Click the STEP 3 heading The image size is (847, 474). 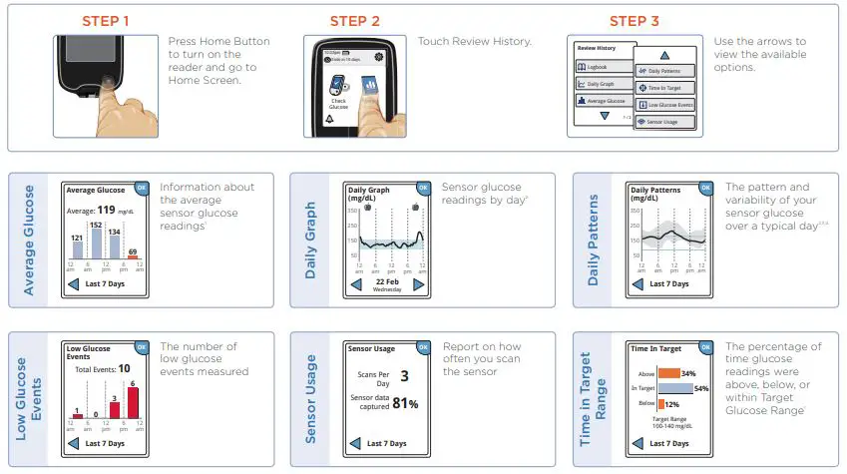pyautogui.click(x=634, y=21)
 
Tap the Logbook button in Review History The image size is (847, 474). pyautogui.click(x=601, y=67)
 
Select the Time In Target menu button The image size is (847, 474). pyautogui.click(x=663, y=88)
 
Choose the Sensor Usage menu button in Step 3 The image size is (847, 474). pyautogui.click(x=663, y=121)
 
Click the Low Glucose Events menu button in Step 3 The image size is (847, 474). pyautogui.click(x=663, y=105)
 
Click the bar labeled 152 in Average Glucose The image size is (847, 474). pyautogui.click(x=97, y=240)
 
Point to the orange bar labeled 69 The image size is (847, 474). pyautogui.click(x=133, y=257)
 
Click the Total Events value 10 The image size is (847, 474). pyautogui.click(x=123, y=368)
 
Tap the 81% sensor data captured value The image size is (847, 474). pyautogui.click(x=405, y=403)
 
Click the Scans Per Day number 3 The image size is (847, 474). pyautogui.click(x=404, y=376)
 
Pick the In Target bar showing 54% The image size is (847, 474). pyautogui.click(x=674, y=387)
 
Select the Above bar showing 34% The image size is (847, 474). pyautogui.click(x=667, y=373)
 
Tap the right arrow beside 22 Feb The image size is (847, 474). pyautogui.click(x=419, y=284)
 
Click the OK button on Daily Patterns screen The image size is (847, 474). pyautogui.click(x=706, y=187)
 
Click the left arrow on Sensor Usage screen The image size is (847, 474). pyautogui.click(x=355, y=443)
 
